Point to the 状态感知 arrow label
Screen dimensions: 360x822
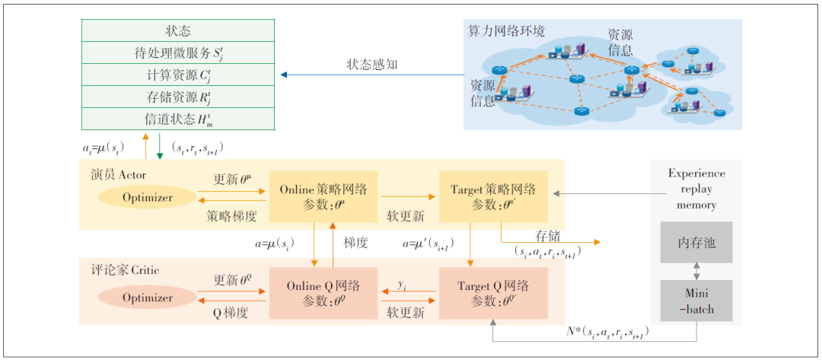pyautogui.click(x=372, y=65)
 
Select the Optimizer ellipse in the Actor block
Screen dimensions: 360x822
pyautogui.click(x=148, y=198)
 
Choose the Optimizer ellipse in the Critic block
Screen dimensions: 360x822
pyautogui.click(x=148, y=298)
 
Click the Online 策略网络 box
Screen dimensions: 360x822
pyautogui.click(x=323, y=196)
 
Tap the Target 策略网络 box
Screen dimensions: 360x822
pyautogui.click(x=492, y=196)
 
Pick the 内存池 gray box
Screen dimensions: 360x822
pyautogui.click(x=696, y=243)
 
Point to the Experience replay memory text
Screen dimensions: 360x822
pyautogui.click(x=696, y=189)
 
